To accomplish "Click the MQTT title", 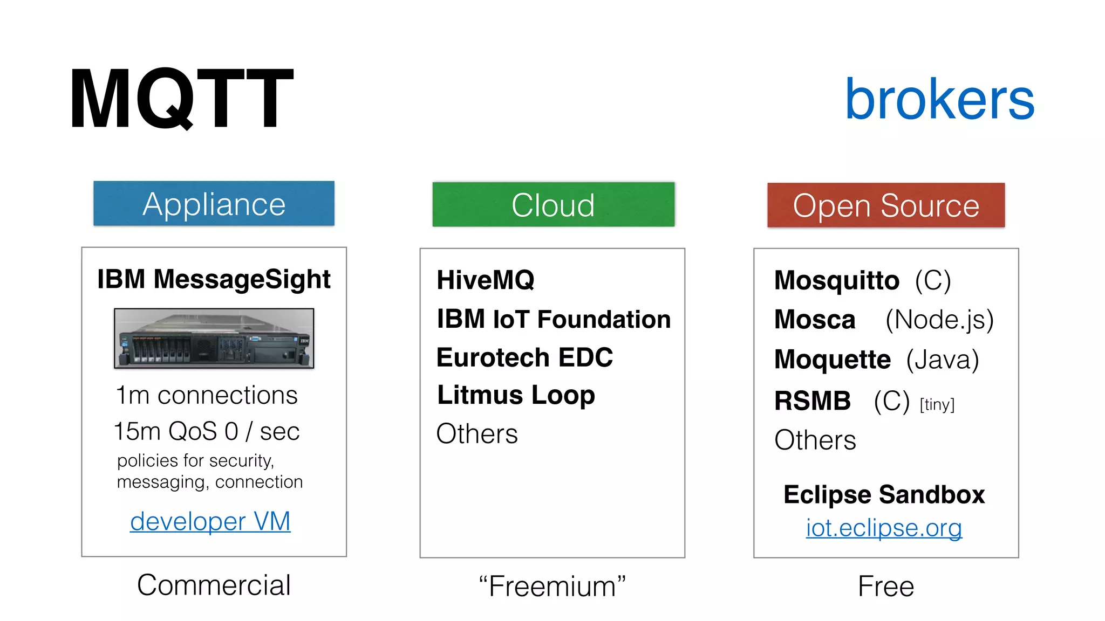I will tap(181, 98).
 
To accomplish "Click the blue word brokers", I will tap(939, 99).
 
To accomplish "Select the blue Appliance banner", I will tap(214, 204).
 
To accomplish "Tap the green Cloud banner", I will tap(553, 205).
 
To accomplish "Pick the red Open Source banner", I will tap(886, 205).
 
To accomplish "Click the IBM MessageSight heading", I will tap(214, 279).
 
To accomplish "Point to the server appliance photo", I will tap(214, 339).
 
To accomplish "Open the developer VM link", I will tap(210, 521).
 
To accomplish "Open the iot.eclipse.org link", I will tap(884, 528).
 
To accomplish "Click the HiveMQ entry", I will tap(486, 280).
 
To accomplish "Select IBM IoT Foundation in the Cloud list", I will tap(554, 319).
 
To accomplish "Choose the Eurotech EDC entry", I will tap(524, 357).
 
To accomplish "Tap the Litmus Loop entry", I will tap(516, 395).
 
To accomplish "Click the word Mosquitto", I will tap(836, 281).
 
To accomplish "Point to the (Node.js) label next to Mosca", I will tap(939, 320).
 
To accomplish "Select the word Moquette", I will tap(832, 360).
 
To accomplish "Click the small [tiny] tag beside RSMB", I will tap(937, 404).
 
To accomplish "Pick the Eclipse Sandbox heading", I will tap(884, 494).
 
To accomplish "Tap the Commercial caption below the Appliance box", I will tap(214, 585).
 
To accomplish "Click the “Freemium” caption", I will tap(552, 586).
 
